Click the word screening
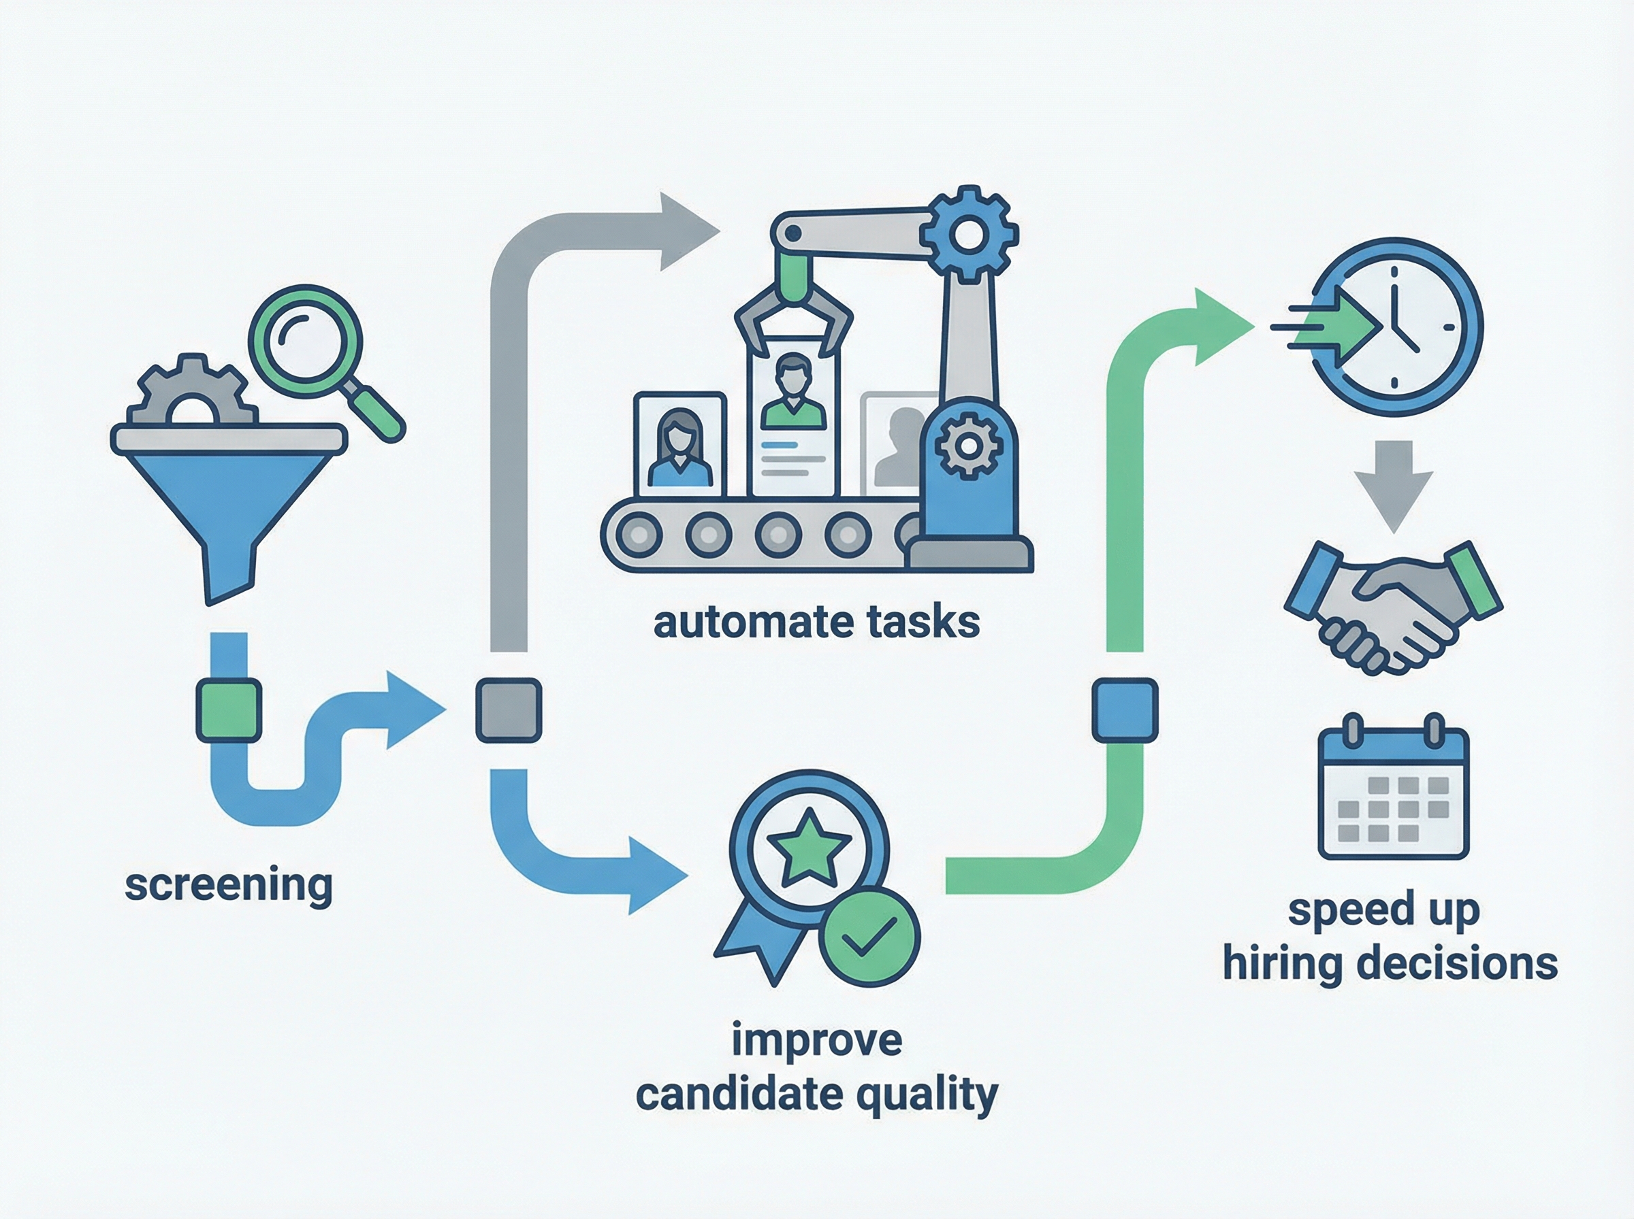(x=229, y=884)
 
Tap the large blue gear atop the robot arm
(x=969, y=235)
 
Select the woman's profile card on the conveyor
(x=679, y=445)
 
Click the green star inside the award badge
(x=809, y=847)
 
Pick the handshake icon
(x=1392, y=607)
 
